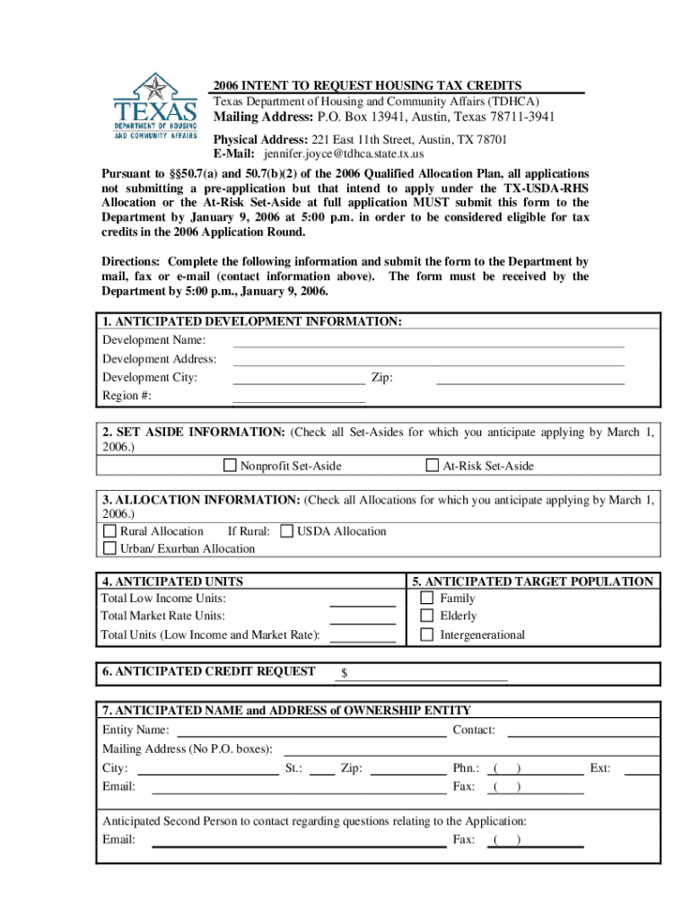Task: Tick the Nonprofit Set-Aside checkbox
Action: click(231, 465)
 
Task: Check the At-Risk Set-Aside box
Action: click(433, 465)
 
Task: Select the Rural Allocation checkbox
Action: click(109, 531)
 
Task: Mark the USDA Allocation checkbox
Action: click(287, 531)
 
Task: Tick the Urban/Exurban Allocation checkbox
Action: click(109, 548)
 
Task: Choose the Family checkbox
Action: click(427, 598)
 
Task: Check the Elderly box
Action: click(427, 616)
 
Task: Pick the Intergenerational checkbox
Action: click(427, 635)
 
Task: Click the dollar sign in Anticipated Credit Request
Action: click(344, 673)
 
